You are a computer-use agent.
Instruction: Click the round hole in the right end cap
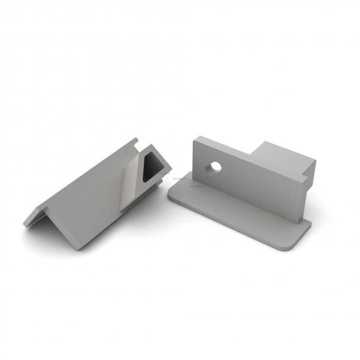click(x=214, y=167)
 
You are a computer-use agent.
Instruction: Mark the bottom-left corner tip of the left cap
click(x=26, y=224)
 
